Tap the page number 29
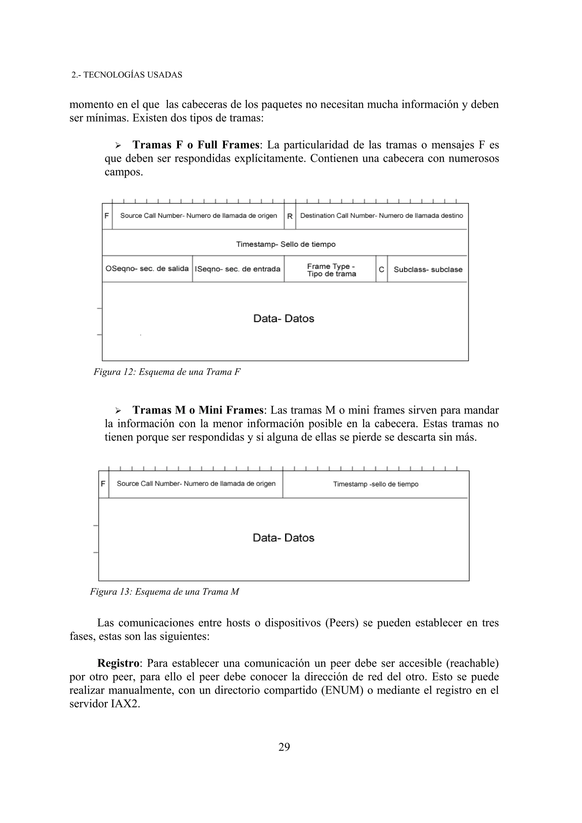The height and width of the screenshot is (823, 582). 284,747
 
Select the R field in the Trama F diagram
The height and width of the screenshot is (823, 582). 290,216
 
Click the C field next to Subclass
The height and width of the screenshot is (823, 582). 382,269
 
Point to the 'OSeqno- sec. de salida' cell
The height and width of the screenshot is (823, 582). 147,268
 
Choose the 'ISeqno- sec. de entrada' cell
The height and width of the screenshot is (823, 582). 237,269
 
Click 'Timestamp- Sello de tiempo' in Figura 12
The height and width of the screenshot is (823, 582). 285,244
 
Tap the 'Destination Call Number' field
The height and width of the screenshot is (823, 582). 382,216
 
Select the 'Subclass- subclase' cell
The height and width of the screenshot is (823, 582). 428,270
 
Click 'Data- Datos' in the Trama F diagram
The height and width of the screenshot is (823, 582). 284,318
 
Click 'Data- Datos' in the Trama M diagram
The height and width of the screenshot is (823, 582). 283,538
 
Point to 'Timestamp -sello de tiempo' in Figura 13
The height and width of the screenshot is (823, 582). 375,484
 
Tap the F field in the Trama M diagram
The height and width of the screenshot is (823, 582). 103,484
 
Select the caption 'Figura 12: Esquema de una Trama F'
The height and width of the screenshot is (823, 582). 167,372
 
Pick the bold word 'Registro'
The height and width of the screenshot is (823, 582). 118,663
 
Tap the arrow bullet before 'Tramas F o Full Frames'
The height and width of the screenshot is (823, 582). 118,145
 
